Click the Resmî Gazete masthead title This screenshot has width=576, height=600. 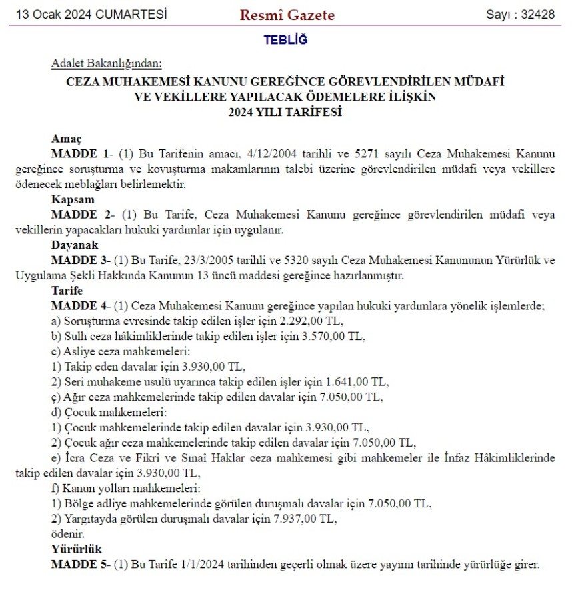click(287, 15)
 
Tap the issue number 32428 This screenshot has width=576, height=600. click(538, 15)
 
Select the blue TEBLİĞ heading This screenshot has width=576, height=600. click(285, 41)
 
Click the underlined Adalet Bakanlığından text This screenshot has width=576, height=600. click(107, 64)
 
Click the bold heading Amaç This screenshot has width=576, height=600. click(66, 139)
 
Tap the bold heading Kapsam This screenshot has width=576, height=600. click(72, 199)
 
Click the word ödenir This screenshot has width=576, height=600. click(67, 534)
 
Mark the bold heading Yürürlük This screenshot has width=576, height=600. click(76, 549)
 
